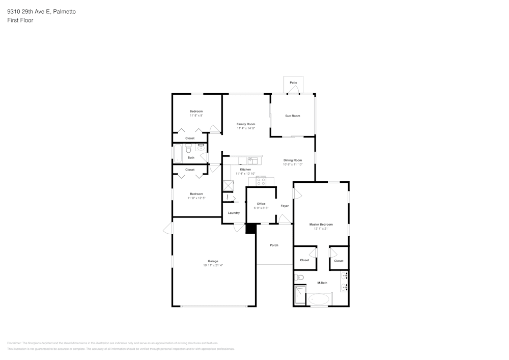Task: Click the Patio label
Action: tap(293, 82)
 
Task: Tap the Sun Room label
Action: tap(292, 116)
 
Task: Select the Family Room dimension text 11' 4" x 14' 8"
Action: tap(246, 128)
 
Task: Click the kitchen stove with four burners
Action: tap(261, 180)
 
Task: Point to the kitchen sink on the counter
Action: tap(253, 160)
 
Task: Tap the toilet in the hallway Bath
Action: tap(188, 149)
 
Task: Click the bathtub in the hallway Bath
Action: tap(178, 153)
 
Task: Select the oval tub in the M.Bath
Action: tap(319, 299)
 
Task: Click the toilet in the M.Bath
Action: tap(299, 278)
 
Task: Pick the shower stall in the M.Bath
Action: tap(300, 295)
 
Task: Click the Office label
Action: tap(261, 204)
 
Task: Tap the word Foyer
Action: tap(285, 206)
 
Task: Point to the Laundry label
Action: tap(234, 213)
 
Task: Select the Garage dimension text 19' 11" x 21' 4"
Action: tap(213, 265)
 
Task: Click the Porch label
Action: tap(274, 245)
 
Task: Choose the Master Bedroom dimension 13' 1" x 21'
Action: tap(321, 229)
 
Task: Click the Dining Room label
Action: tap(293, 160)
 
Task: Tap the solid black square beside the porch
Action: tap(250, 229)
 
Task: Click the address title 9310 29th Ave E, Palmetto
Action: tap(41, 11)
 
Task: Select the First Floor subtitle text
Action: tap(20, 20)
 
